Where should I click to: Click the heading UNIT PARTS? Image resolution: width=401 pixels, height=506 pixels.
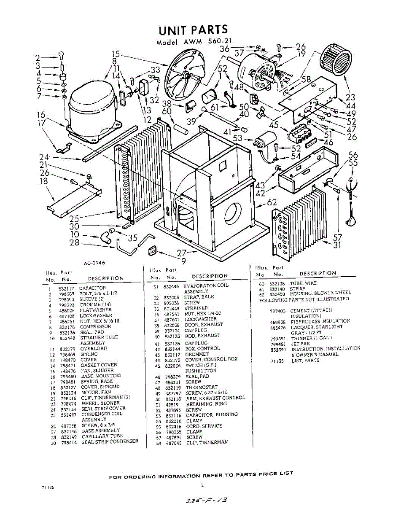tap(193, 30)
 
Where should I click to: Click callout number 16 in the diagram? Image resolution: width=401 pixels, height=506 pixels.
tap(41, 115)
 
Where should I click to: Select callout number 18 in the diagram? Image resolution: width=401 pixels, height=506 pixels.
tap(43, 181)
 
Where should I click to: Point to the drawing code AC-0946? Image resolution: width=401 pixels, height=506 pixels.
tap(94, 263)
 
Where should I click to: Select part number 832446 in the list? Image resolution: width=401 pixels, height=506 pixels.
tap(171, 286)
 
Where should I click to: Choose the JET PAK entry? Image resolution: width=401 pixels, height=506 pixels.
tap(300, 344)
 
